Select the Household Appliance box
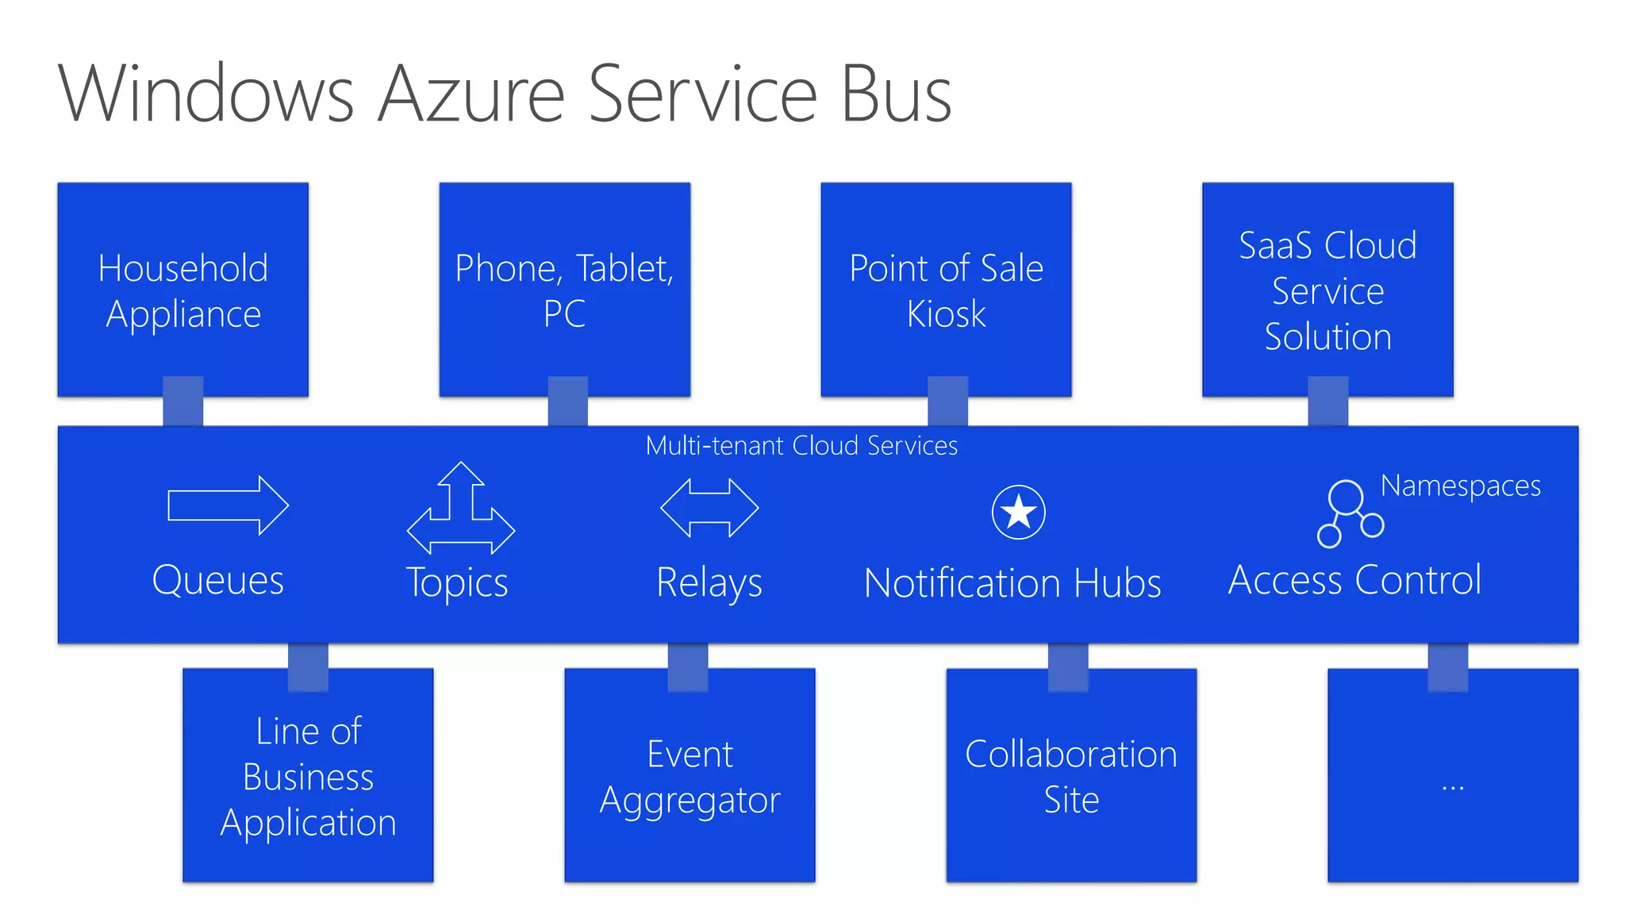(x=183, y=290)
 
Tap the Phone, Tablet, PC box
(x=564, y=290)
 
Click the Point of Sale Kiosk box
(x=946, y=290)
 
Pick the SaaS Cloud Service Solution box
(x=1327, y=290)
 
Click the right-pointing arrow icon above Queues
(x=228, y=505)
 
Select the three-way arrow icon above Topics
(x=461, y=509)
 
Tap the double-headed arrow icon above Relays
(x=709, y=508)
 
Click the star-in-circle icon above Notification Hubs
(x=1018, y=513)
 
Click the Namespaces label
(x=1460, y=486)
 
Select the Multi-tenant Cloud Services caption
(x=801, y=446)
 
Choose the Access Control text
(x=1354, y=580)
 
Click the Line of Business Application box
(x=308, y=776)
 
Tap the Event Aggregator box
(x=690, y=776)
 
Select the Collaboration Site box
(x=1071, y=776)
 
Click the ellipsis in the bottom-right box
(x=1453, y=788)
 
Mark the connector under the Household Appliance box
(x=183, y=401)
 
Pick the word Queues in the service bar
(x=217, y=580)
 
